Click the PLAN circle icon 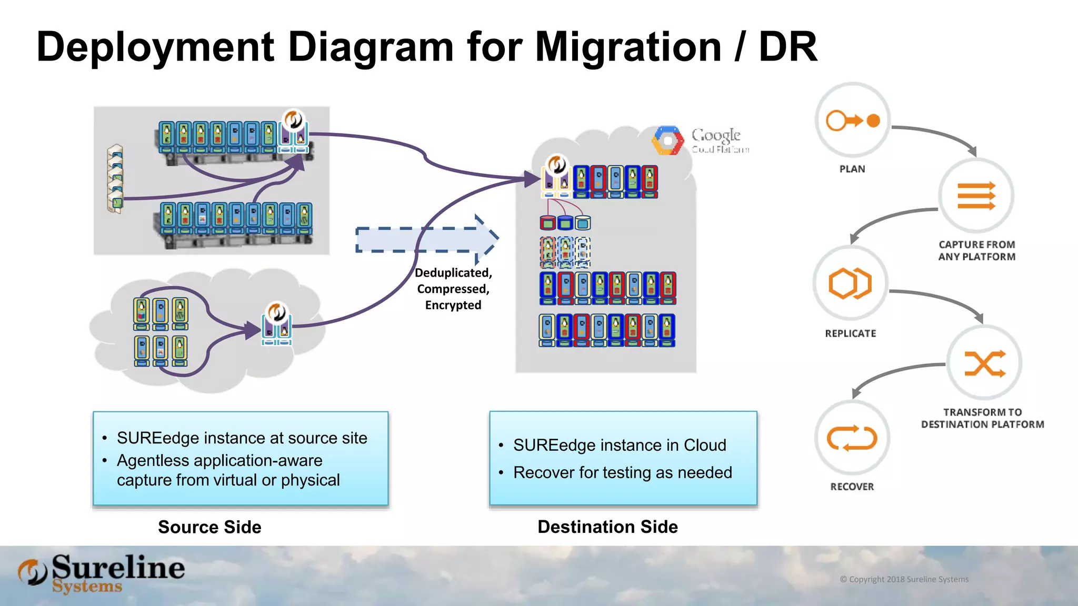click(852, 120)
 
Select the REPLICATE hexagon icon click(850, 284)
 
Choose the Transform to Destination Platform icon click(984, 363)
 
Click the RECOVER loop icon click(852, 438)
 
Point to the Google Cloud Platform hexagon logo click(667, 140)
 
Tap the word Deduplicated click(453, 273)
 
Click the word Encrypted click(453, 305)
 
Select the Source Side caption click(209, 527)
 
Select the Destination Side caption click(607, 527)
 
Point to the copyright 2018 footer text click(904, 579)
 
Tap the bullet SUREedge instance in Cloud click(620, 445)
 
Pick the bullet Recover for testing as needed click(622, 472)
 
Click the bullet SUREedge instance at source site click(242, 438)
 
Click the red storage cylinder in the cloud click(548, 223)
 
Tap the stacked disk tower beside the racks click(115, 179)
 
